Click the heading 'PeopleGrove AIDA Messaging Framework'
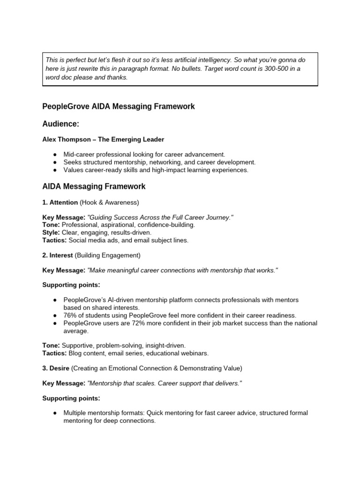tap(119, 106)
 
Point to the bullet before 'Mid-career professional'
tap(55, 154)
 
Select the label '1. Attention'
tap(60, 202)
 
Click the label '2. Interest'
tap(58, 255)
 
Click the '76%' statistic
tap(71, 315)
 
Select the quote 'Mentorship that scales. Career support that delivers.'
tap(164, 383)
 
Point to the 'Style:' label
tap(51, 232)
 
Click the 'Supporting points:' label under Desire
tap(71, 398)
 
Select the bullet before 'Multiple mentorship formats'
tap(55, 413)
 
